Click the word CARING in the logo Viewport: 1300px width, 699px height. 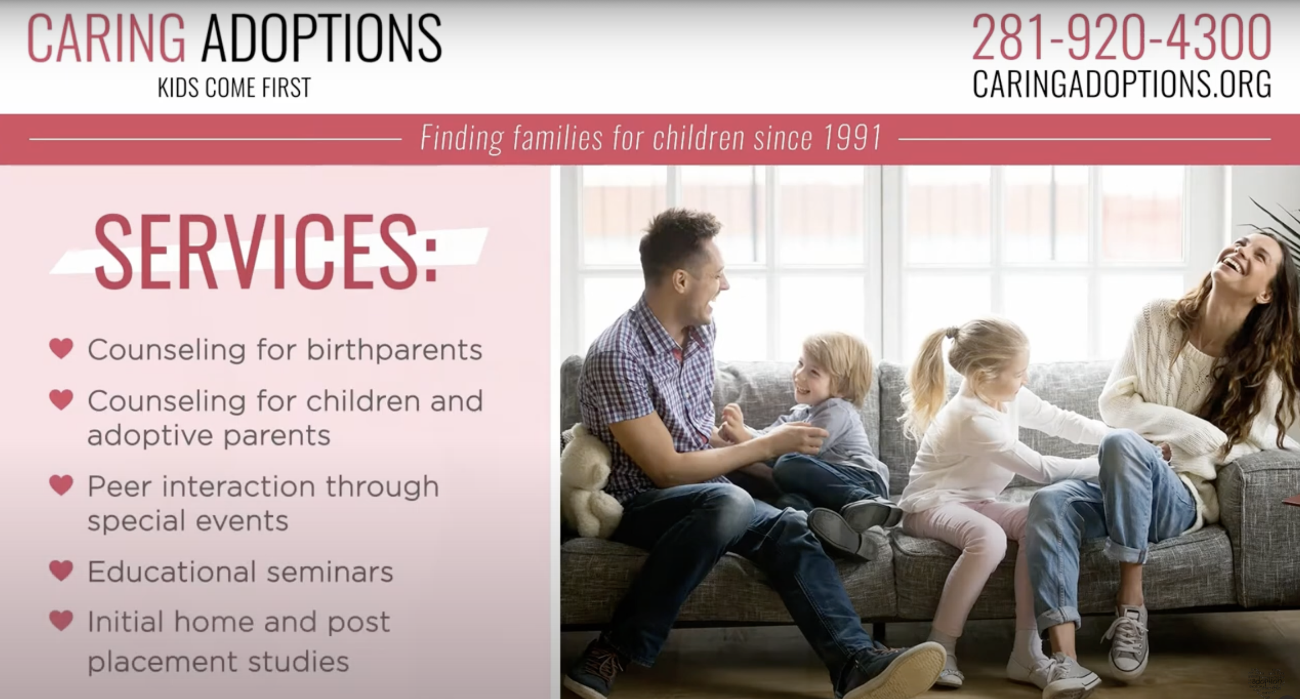[x=107, y=38]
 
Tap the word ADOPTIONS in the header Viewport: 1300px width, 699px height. [x=322, y=38]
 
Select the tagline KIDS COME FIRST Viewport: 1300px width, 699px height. [x=234, y=87]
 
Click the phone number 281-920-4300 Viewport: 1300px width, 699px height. [x=1121, y=37]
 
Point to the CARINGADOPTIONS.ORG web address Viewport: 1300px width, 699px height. [x=1121, y=84]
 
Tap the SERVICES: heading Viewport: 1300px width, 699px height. [x=266, y=252]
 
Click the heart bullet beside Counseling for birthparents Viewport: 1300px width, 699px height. [x=61, y=348]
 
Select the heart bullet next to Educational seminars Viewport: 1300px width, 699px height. [x=61, y=571]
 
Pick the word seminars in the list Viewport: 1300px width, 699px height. [x=330, y=572]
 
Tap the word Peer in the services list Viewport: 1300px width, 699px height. [x=119, y=487]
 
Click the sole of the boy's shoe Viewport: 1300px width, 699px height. [x=835, y=532]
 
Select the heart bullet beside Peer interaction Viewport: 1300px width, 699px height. [x=61, y=485]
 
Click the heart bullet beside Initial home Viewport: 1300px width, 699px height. [x=61, y=620]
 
